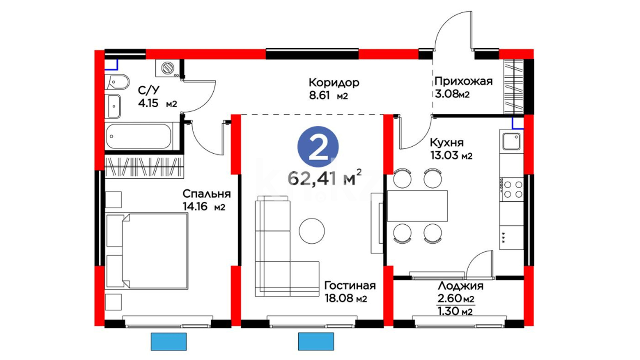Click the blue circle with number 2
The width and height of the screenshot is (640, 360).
click(x=318, y=147)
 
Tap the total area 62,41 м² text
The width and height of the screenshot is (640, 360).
click(x=324, y=177)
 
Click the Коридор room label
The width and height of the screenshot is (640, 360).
click(x=334, y=83)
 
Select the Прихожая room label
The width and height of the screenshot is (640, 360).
click(x=463, y=81)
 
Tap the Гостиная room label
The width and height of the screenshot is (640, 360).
click(x=350, y=285)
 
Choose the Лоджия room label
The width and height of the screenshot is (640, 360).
click(x=460, y=286)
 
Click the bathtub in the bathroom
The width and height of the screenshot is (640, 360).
click(x=138, y=136)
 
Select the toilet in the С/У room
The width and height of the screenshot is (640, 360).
click(x=117, y=82)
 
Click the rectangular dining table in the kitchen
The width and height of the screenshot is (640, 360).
click(x=417, y=206)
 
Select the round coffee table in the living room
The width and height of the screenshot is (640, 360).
click(x=312, y=231)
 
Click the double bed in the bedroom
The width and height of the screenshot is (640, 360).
click(x=147, y=251)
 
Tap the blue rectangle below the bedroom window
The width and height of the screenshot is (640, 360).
click(x=169, y=341)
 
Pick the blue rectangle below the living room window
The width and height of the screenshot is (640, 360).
click(x=316, y=341)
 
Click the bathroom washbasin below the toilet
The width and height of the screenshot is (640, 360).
click(x=113, y=106)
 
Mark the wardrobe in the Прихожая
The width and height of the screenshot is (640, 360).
click(x=513, y=87)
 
